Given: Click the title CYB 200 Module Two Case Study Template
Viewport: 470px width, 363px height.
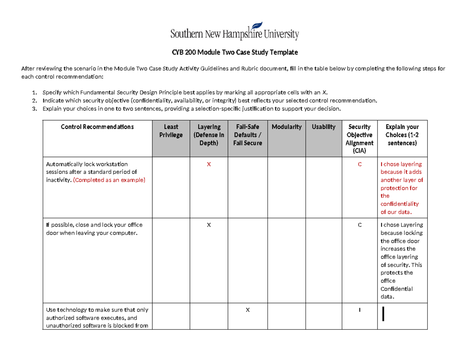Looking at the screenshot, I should [x=235, y=52].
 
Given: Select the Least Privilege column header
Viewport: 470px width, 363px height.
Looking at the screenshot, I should [x=171, y=131].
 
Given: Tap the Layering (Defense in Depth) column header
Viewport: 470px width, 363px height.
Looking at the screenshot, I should [x=209, y=135].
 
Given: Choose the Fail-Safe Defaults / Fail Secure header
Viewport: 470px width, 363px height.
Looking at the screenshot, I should [x=247, y=135].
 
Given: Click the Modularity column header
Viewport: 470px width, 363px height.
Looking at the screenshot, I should [x=286, y=127].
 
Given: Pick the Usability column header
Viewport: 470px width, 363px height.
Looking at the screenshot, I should [x=324, y=127].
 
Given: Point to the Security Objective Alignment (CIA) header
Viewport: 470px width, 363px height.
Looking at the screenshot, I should [x=359, y=139].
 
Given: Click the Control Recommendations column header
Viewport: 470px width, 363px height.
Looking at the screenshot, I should [x=97, y=127].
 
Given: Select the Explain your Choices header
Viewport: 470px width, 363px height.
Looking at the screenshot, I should [x=402, y=135].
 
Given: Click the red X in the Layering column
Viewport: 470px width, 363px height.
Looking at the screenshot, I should [x=209, y=164].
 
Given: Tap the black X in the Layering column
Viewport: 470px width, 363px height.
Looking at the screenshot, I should [x=209, y=225].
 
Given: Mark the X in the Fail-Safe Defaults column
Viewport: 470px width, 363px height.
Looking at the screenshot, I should [x=247, y=310].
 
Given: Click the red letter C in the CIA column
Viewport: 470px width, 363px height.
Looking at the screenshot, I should [x=359, y=164].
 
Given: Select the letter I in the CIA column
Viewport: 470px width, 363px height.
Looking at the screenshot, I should [x=359, y=310].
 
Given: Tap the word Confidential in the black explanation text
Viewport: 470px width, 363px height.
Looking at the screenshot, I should [x=396, y=289].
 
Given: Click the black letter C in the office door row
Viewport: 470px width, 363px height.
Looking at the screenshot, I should [x=359, y=225].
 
